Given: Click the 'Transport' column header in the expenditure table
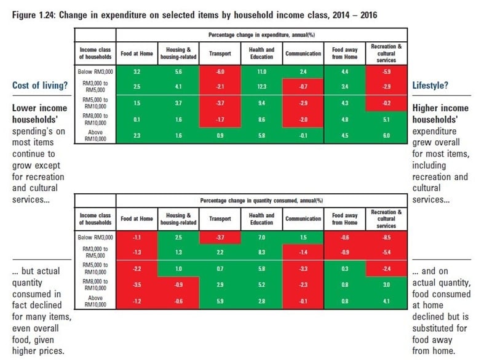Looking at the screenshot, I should (220, 54).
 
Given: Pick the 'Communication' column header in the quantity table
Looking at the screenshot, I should (303, 218).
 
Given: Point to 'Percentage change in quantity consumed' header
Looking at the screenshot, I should (261, 201).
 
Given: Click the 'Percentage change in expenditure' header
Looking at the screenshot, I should (261, 34).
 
